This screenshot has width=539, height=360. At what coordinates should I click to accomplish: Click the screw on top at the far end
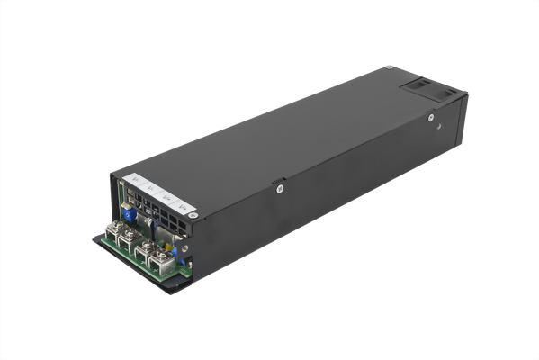click(x=388, y=68)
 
